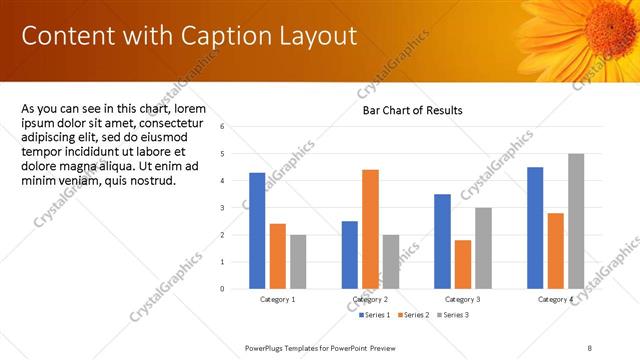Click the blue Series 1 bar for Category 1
click(x=257, y=230)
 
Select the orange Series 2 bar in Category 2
click(x=370, y=229)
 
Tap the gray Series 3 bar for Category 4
click(x=576, y=221)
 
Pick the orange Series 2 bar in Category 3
click(x=462, y=264)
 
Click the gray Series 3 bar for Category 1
click(x=298, y=261)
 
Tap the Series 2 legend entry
click(x=415, y=315)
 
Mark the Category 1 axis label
click(x=278, y=299)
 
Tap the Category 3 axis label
click(x=463, y=299)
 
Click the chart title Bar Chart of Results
click(x=412, y=110)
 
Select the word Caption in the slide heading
click(x=225, y=36)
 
